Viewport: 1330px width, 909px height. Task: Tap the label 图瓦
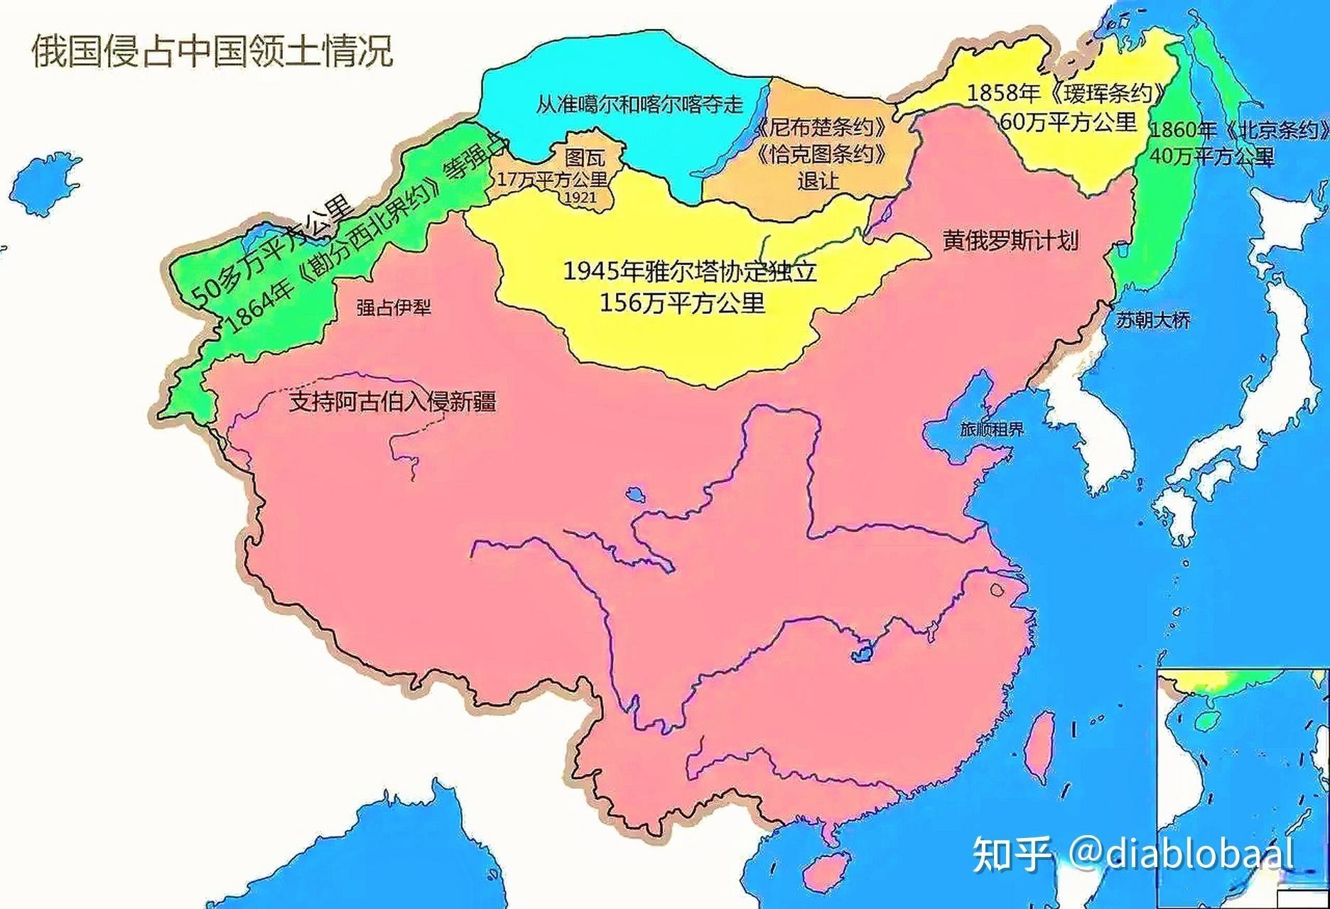coord(585,158)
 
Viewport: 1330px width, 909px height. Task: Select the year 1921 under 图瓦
coord(579,198)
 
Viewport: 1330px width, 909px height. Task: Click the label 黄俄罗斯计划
coord(1010,240)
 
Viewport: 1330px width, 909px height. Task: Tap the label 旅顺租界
coord(992,429)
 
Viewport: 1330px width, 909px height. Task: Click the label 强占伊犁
coord(394,307)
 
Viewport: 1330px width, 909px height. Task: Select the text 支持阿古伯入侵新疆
coord(392,402)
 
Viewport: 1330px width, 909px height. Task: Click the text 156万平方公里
coord(682,304)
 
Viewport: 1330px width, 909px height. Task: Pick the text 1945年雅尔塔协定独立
coord(689,271)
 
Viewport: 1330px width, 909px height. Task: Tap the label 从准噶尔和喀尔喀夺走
coord(639,105)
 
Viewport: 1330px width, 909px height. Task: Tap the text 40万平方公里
coord(1211,156)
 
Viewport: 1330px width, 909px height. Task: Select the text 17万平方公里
coord(551,180)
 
